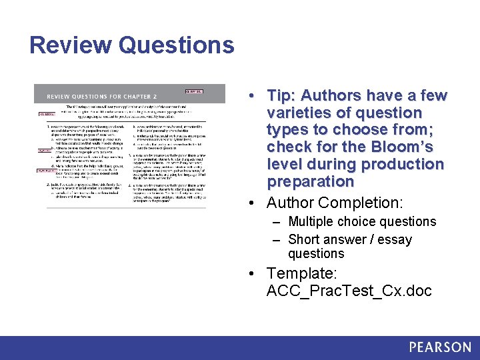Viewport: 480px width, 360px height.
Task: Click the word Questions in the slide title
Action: tap(177, 45)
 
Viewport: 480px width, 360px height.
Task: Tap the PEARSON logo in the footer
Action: tap(440, 347)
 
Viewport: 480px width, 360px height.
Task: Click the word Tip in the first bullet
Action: tap(281, 96)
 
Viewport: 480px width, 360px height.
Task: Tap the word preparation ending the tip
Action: tap(311, 181)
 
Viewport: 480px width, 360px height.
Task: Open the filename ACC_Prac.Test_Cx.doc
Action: tap(349, 291)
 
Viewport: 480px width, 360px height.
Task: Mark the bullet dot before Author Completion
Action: tap(257, 202)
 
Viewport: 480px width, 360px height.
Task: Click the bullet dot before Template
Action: tap(257, 273)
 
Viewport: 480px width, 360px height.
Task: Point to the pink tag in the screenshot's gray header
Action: tap(193, 91)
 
